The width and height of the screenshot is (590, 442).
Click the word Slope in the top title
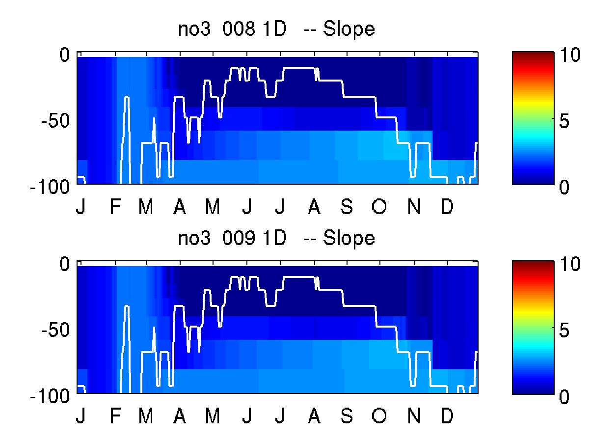[x=349, y=29]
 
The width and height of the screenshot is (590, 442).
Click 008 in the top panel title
[x=238, y=28]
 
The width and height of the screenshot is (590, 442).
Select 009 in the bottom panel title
[x=238, y=238]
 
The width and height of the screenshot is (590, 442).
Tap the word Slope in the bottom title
[x=349, y=239]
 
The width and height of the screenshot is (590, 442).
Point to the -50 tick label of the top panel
[x=55, y=121]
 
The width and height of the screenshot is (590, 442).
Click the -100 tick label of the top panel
[x=50, y=187]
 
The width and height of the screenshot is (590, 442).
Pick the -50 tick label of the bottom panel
[x=55, y=330]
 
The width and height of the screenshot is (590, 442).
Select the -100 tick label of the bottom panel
[x=50, y=396]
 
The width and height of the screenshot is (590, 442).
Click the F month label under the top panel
[x=115, y=206]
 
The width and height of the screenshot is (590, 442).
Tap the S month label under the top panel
[x=347, y=206]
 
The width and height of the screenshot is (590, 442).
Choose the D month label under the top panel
[x=447, y=206]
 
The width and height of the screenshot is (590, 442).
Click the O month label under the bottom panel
[x=379, y=415]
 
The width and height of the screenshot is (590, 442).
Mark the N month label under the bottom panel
[x=414, y=415]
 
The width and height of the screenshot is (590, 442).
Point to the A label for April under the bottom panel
[x=180, y=415]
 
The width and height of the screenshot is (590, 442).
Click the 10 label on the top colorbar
[x=570, y=55]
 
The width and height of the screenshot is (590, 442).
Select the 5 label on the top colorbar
[x=564, y=121]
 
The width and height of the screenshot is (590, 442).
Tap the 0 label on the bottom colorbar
[x=564, y=396]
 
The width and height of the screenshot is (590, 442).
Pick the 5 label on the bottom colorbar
[x=564, y=330]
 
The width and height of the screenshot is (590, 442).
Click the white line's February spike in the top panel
[x=127, y=97]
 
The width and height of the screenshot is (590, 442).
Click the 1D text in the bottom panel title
[x=274, y=238]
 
